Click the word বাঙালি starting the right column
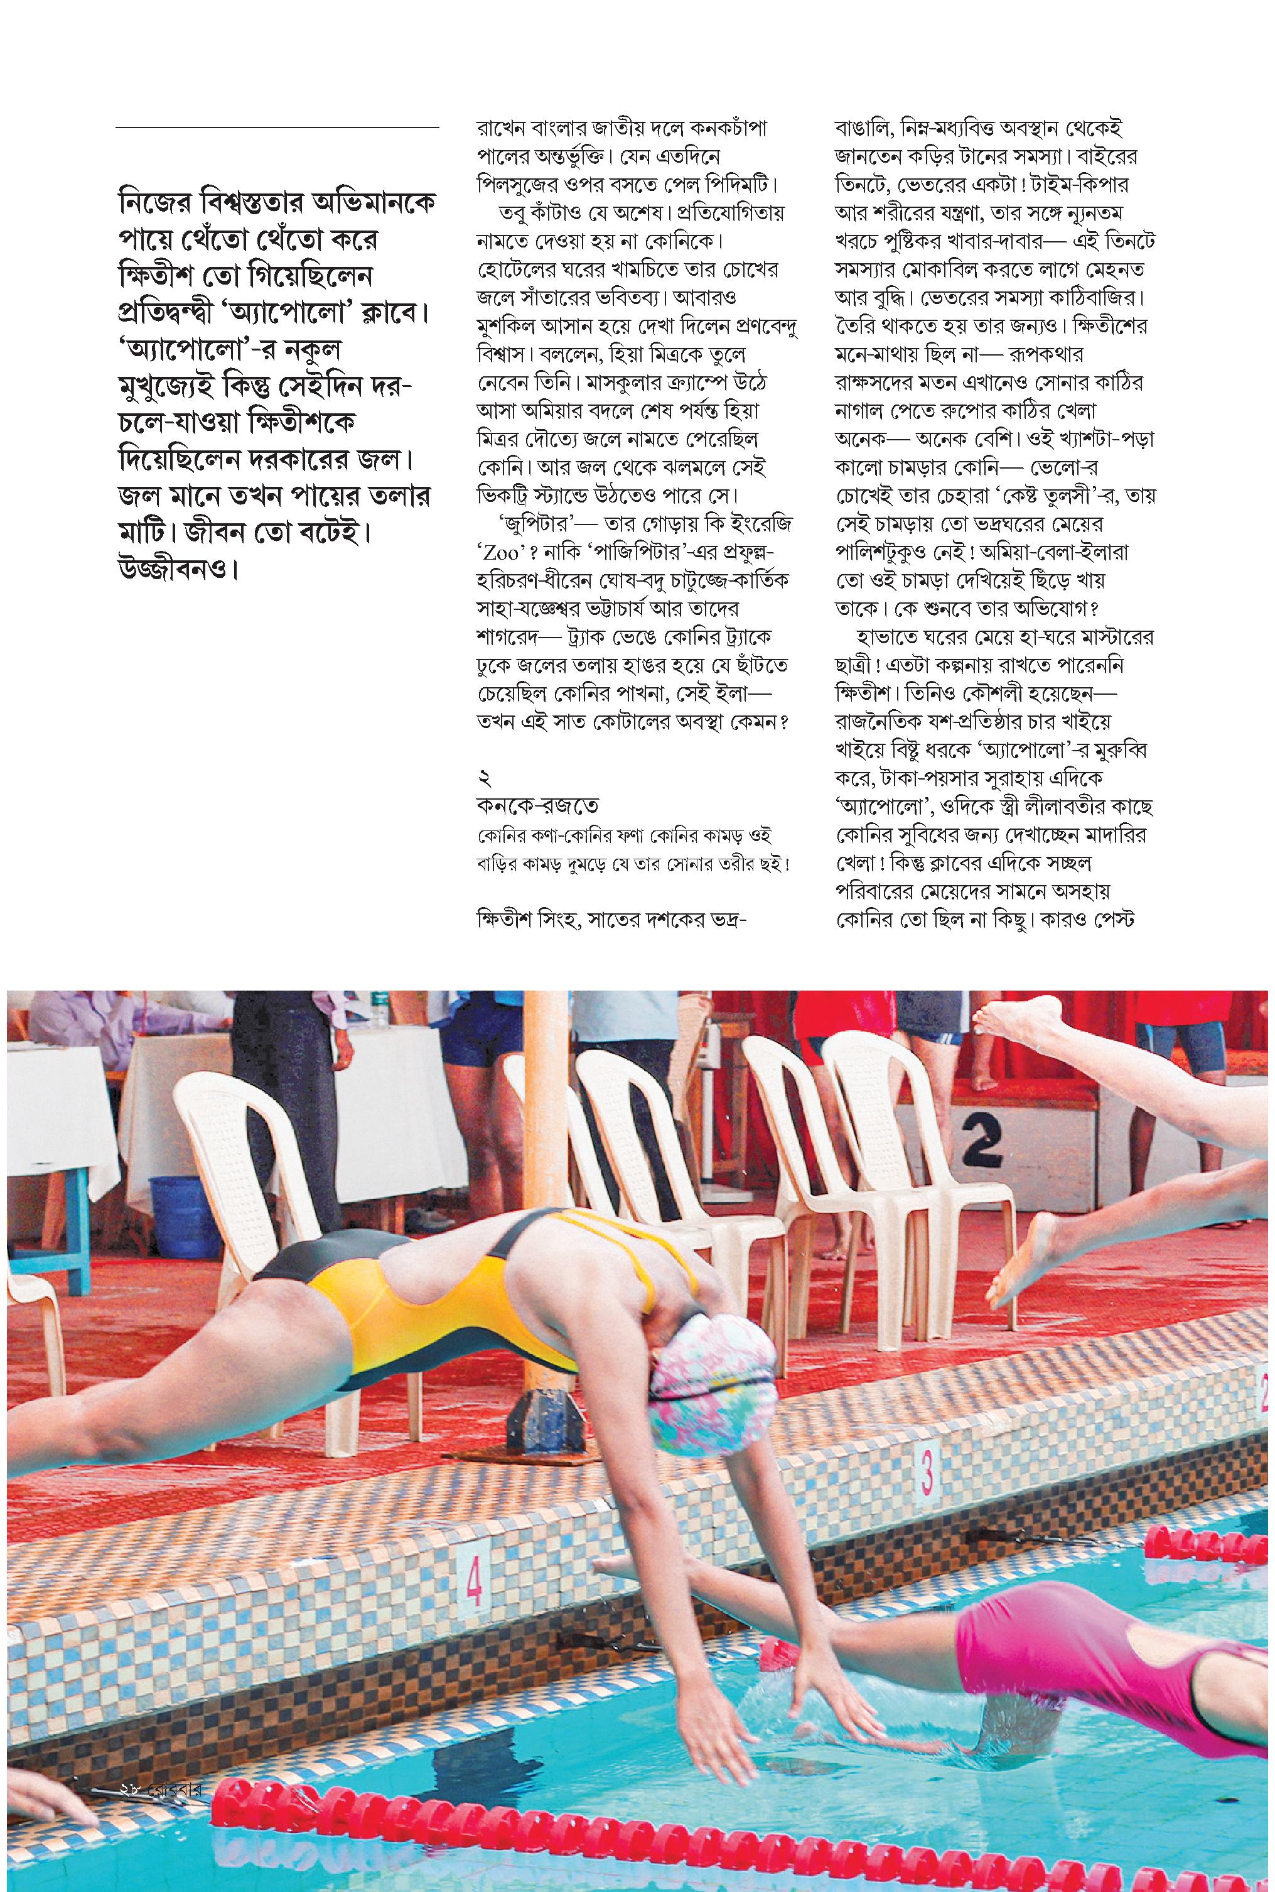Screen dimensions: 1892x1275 pos(865,129)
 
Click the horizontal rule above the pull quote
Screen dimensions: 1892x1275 pos(276,128)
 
